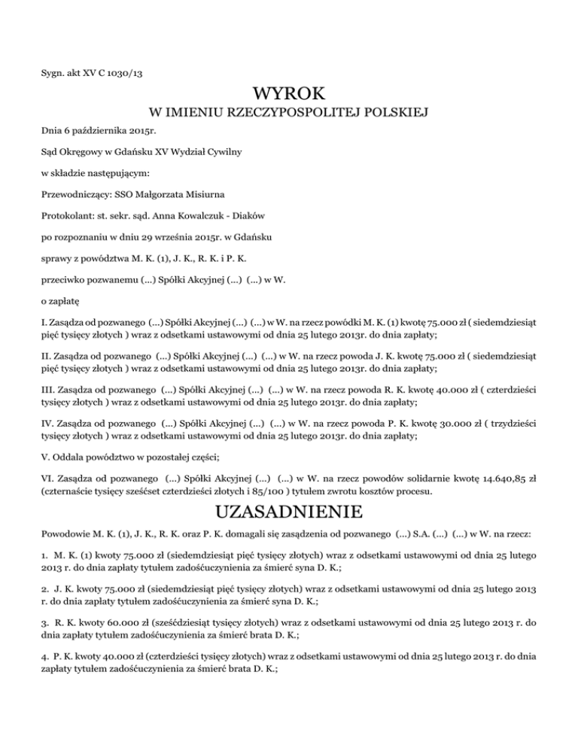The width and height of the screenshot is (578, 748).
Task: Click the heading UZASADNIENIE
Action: coord(289,513)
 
